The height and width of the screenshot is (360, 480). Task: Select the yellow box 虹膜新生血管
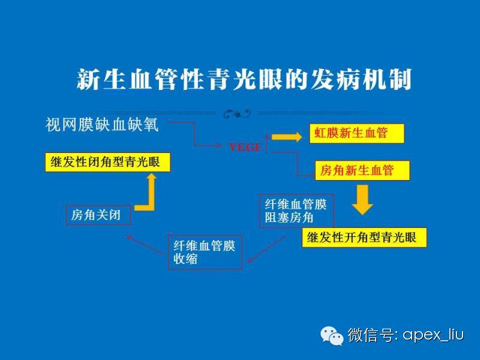(356, 133)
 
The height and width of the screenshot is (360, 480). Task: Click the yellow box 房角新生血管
(362, 170)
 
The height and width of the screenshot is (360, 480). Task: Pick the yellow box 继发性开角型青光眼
(364, 237)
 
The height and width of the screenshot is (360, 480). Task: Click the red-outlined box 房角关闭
(98, 215)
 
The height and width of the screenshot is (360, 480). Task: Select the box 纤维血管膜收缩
(205, 252)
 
